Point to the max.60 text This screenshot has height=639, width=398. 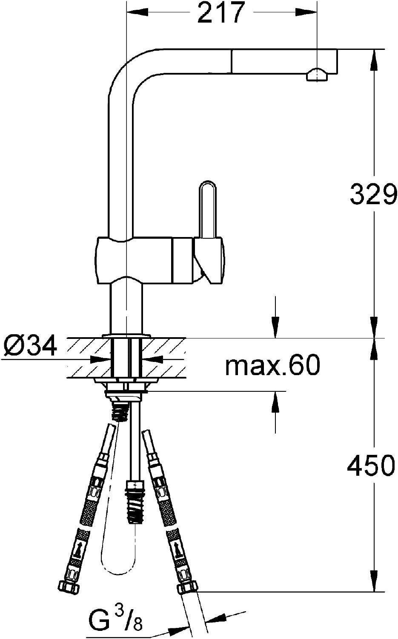pos(272,365)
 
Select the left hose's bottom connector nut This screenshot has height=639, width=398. pos(69,588)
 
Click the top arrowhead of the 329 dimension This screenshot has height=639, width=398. pos(374,60)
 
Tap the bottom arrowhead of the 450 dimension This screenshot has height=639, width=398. pos(374,582)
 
